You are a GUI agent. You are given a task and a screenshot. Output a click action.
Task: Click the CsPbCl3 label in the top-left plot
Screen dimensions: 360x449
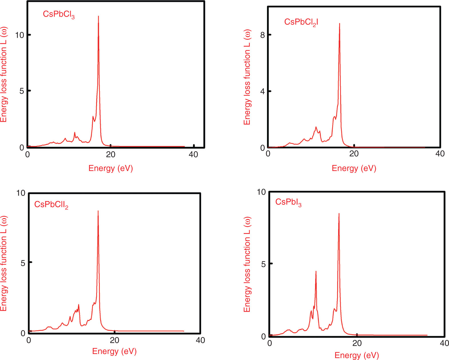coord(59,14)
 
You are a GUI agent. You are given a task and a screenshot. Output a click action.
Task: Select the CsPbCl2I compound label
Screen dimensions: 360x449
coord(301,22)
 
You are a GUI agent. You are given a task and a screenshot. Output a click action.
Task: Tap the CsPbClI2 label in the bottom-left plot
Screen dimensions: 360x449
coord(51,205)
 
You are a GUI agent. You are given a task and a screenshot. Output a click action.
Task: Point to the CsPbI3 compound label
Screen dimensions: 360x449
coord(288,202)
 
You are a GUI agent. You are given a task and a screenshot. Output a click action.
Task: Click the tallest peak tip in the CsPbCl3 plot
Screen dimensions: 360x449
coord(98,17)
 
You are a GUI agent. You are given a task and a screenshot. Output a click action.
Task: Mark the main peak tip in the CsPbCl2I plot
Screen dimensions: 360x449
coord(339,24)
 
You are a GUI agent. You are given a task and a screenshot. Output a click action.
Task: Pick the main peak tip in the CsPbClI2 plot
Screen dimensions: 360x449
coord(98,211)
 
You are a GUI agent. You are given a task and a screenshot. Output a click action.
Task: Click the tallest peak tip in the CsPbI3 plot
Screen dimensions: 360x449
coord(339,214)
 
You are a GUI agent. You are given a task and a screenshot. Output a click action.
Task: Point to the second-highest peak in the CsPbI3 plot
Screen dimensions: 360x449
coord(316,271)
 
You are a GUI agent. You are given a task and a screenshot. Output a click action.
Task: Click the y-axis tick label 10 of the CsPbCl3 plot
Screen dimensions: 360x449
coord(19,35)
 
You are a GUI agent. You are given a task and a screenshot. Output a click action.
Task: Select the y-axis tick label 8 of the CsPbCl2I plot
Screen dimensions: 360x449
coord(262,35)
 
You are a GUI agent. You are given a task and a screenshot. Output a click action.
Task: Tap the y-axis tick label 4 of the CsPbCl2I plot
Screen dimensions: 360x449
coord(262,92)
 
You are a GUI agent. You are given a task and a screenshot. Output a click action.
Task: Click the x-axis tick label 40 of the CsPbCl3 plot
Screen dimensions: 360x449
coord(193,155)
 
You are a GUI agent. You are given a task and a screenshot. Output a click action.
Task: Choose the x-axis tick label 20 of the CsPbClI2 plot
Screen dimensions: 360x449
coord(114,340)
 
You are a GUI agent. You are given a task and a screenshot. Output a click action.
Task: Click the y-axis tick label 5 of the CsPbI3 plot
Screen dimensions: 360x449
coord(264,264)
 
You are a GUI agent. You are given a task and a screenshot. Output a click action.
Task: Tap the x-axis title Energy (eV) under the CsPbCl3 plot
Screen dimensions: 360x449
coord(111,168)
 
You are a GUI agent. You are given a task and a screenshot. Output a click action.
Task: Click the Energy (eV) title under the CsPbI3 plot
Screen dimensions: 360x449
coord(357,355)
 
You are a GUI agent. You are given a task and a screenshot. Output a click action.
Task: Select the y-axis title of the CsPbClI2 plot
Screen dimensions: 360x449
coord(3,263)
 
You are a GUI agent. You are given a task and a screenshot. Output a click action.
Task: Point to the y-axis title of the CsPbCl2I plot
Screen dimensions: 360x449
coord(247,77)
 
